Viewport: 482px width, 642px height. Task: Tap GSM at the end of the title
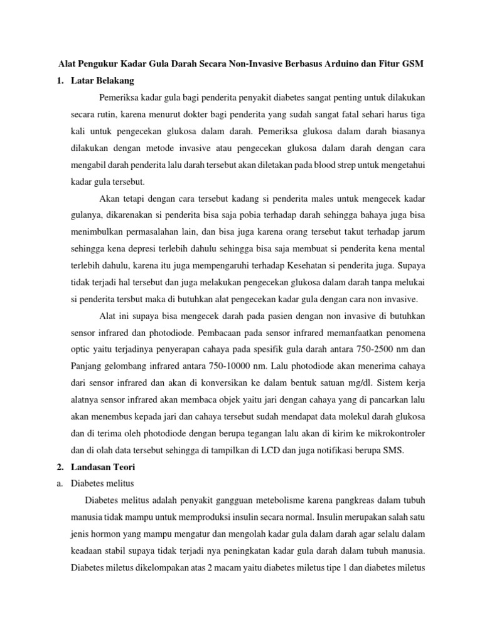point(412,65)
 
